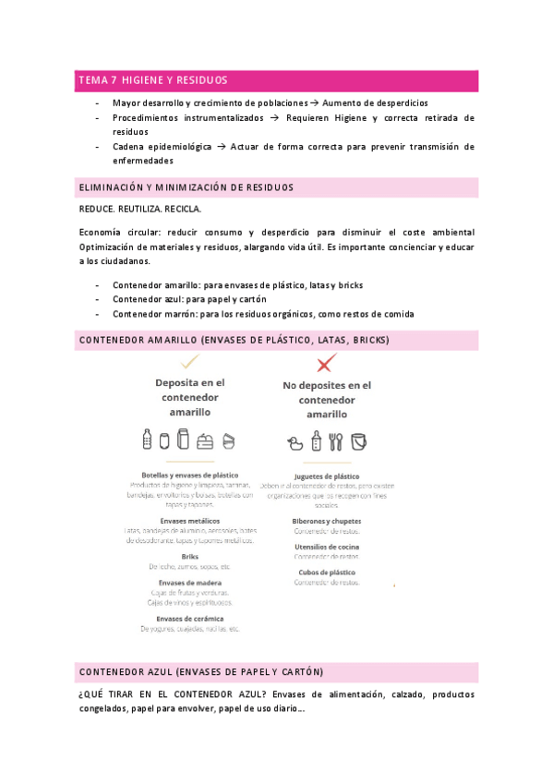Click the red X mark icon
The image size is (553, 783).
pos(325,363)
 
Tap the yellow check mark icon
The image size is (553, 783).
pos(190,360)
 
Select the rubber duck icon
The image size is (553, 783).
pos(297,441)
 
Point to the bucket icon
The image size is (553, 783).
pos(358,440)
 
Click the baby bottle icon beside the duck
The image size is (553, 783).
pos(317,440)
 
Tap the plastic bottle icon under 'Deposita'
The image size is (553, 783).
pos(147,439)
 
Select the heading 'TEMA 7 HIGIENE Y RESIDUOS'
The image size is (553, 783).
pos(153,81)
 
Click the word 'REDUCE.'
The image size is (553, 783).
pos(100,210)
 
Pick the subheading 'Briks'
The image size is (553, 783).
pos(189,557)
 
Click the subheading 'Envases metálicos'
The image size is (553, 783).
pos(189,521)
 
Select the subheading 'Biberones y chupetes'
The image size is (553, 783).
pos(326,521)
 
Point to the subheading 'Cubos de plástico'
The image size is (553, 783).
pos(326,572)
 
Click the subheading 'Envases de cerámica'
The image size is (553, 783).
pos(189,619)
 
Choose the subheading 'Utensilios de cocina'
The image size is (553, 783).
pos(326,547)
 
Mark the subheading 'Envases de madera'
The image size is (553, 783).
pos(189,583)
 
